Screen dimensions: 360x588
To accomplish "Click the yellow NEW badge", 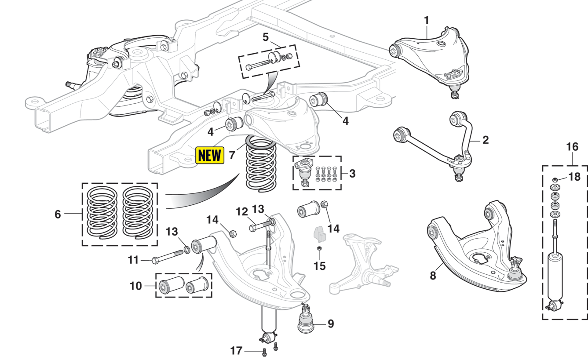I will point(210,155).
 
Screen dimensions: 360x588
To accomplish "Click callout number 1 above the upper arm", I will point(426,20).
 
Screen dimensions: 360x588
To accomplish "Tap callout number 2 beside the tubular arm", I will point(485,140).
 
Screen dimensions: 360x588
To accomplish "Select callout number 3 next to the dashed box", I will point(352,173).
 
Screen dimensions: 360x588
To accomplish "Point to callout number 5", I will point(266,37).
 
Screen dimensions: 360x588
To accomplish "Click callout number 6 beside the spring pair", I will point(58,215).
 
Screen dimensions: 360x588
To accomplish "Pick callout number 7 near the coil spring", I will point(232,155).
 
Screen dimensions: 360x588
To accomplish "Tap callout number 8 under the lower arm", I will point(433,276).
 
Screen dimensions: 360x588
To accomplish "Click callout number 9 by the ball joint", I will point(330,324).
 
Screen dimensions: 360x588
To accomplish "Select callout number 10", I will point(136,286).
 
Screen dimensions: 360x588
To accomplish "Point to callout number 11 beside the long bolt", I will point(133,260).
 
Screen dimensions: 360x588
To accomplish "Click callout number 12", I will point(241,212).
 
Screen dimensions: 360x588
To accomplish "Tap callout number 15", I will point(320,266).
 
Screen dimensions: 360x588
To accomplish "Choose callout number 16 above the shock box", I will point(572,147).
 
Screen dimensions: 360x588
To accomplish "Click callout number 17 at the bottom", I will point(236,351).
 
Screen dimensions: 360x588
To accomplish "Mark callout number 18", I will point(574,177).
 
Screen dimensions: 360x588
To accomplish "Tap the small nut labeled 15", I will point(320,250).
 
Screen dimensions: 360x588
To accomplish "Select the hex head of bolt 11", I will point(154,260).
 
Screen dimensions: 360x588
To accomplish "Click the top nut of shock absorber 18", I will point(555,179).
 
